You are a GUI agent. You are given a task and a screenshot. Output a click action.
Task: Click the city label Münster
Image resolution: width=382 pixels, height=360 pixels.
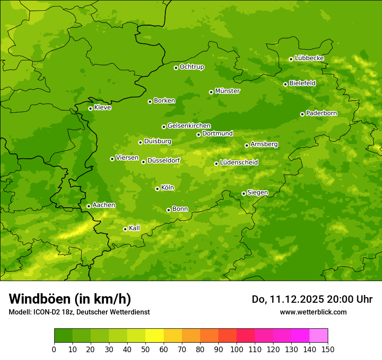(227, 91)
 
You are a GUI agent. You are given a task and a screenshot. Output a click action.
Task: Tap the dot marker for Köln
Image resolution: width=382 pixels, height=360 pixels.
(157, 189)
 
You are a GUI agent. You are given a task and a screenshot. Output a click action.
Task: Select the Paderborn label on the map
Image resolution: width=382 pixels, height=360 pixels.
(322, 113)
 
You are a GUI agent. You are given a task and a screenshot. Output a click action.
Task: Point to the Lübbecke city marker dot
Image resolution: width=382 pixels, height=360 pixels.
(291, 59)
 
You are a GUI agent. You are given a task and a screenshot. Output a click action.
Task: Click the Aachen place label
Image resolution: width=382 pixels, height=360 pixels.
(104, 205)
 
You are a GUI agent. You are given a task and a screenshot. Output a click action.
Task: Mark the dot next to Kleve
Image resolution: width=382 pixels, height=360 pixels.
(90, 108)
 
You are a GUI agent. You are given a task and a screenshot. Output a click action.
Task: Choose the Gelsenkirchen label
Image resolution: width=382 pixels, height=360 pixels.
(189, 126)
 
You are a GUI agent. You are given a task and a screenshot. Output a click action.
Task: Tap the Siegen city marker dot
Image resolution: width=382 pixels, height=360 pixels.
(244, 193)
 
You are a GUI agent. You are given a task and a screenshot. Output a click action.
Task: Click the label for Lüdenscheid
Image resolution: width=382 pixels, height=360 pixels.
(239, 163)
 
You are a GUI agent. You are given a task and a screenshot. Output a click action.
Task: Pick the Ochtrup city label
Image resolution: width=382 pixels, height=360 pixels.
(192, 67)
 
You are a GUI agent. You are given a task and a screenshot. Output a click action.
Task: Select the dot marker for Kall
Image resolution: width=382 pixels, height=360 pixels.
(125, 229)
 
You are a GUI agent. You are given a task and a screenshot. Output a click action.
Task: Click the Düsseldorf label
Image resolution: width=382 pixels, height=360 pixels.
(164, 160)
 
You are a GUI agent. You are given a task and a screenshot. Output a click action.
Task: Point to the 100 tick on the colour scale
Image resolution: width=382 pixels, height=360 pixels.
(237, 350)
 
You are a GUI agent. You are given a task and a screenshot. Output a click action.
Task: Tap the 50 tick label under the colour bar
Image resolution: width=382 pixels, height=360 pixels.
(145, 350)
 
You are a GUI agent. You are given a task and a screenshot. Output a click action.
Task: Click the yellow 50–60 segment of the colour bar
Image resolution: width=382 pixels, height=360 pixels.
(155, 336)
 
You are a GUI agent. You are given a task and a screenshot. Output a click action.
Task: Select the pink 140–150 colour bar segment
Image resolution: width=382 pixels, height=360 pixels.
(319, 336)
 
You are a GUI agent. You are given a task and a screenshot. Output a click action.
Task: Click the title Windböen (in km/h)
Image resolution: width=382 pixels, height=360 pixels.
(70, 299)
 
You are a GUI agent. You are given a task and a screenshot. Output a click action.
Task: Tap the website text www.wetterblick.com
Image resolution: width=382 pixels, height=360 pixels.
(313, 312)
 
